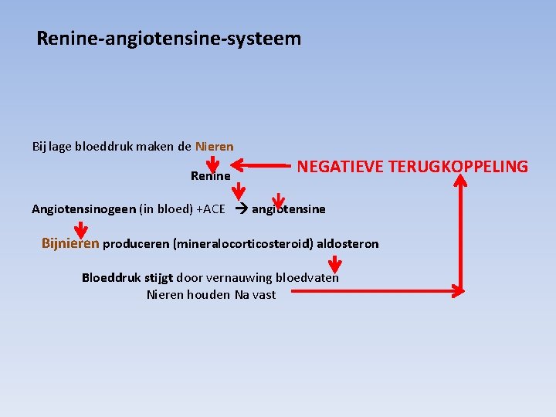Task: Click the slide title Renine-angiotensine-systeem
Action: [x=169, y=38]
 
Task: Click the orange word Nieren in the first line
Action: [x=215, y=146]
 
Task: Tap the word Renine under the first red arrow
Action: [x=210, y=177]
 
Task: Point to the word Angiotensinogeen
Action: [x=83, y=209]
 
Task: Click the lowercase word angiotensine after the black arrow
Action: [x=289, y=209]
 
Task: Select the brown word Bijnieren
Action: [x=70, y=244]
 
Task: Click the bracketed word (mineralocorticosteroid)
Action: [x=245, y=244]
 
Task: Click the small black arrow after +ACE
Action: [x=239, y=209]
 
